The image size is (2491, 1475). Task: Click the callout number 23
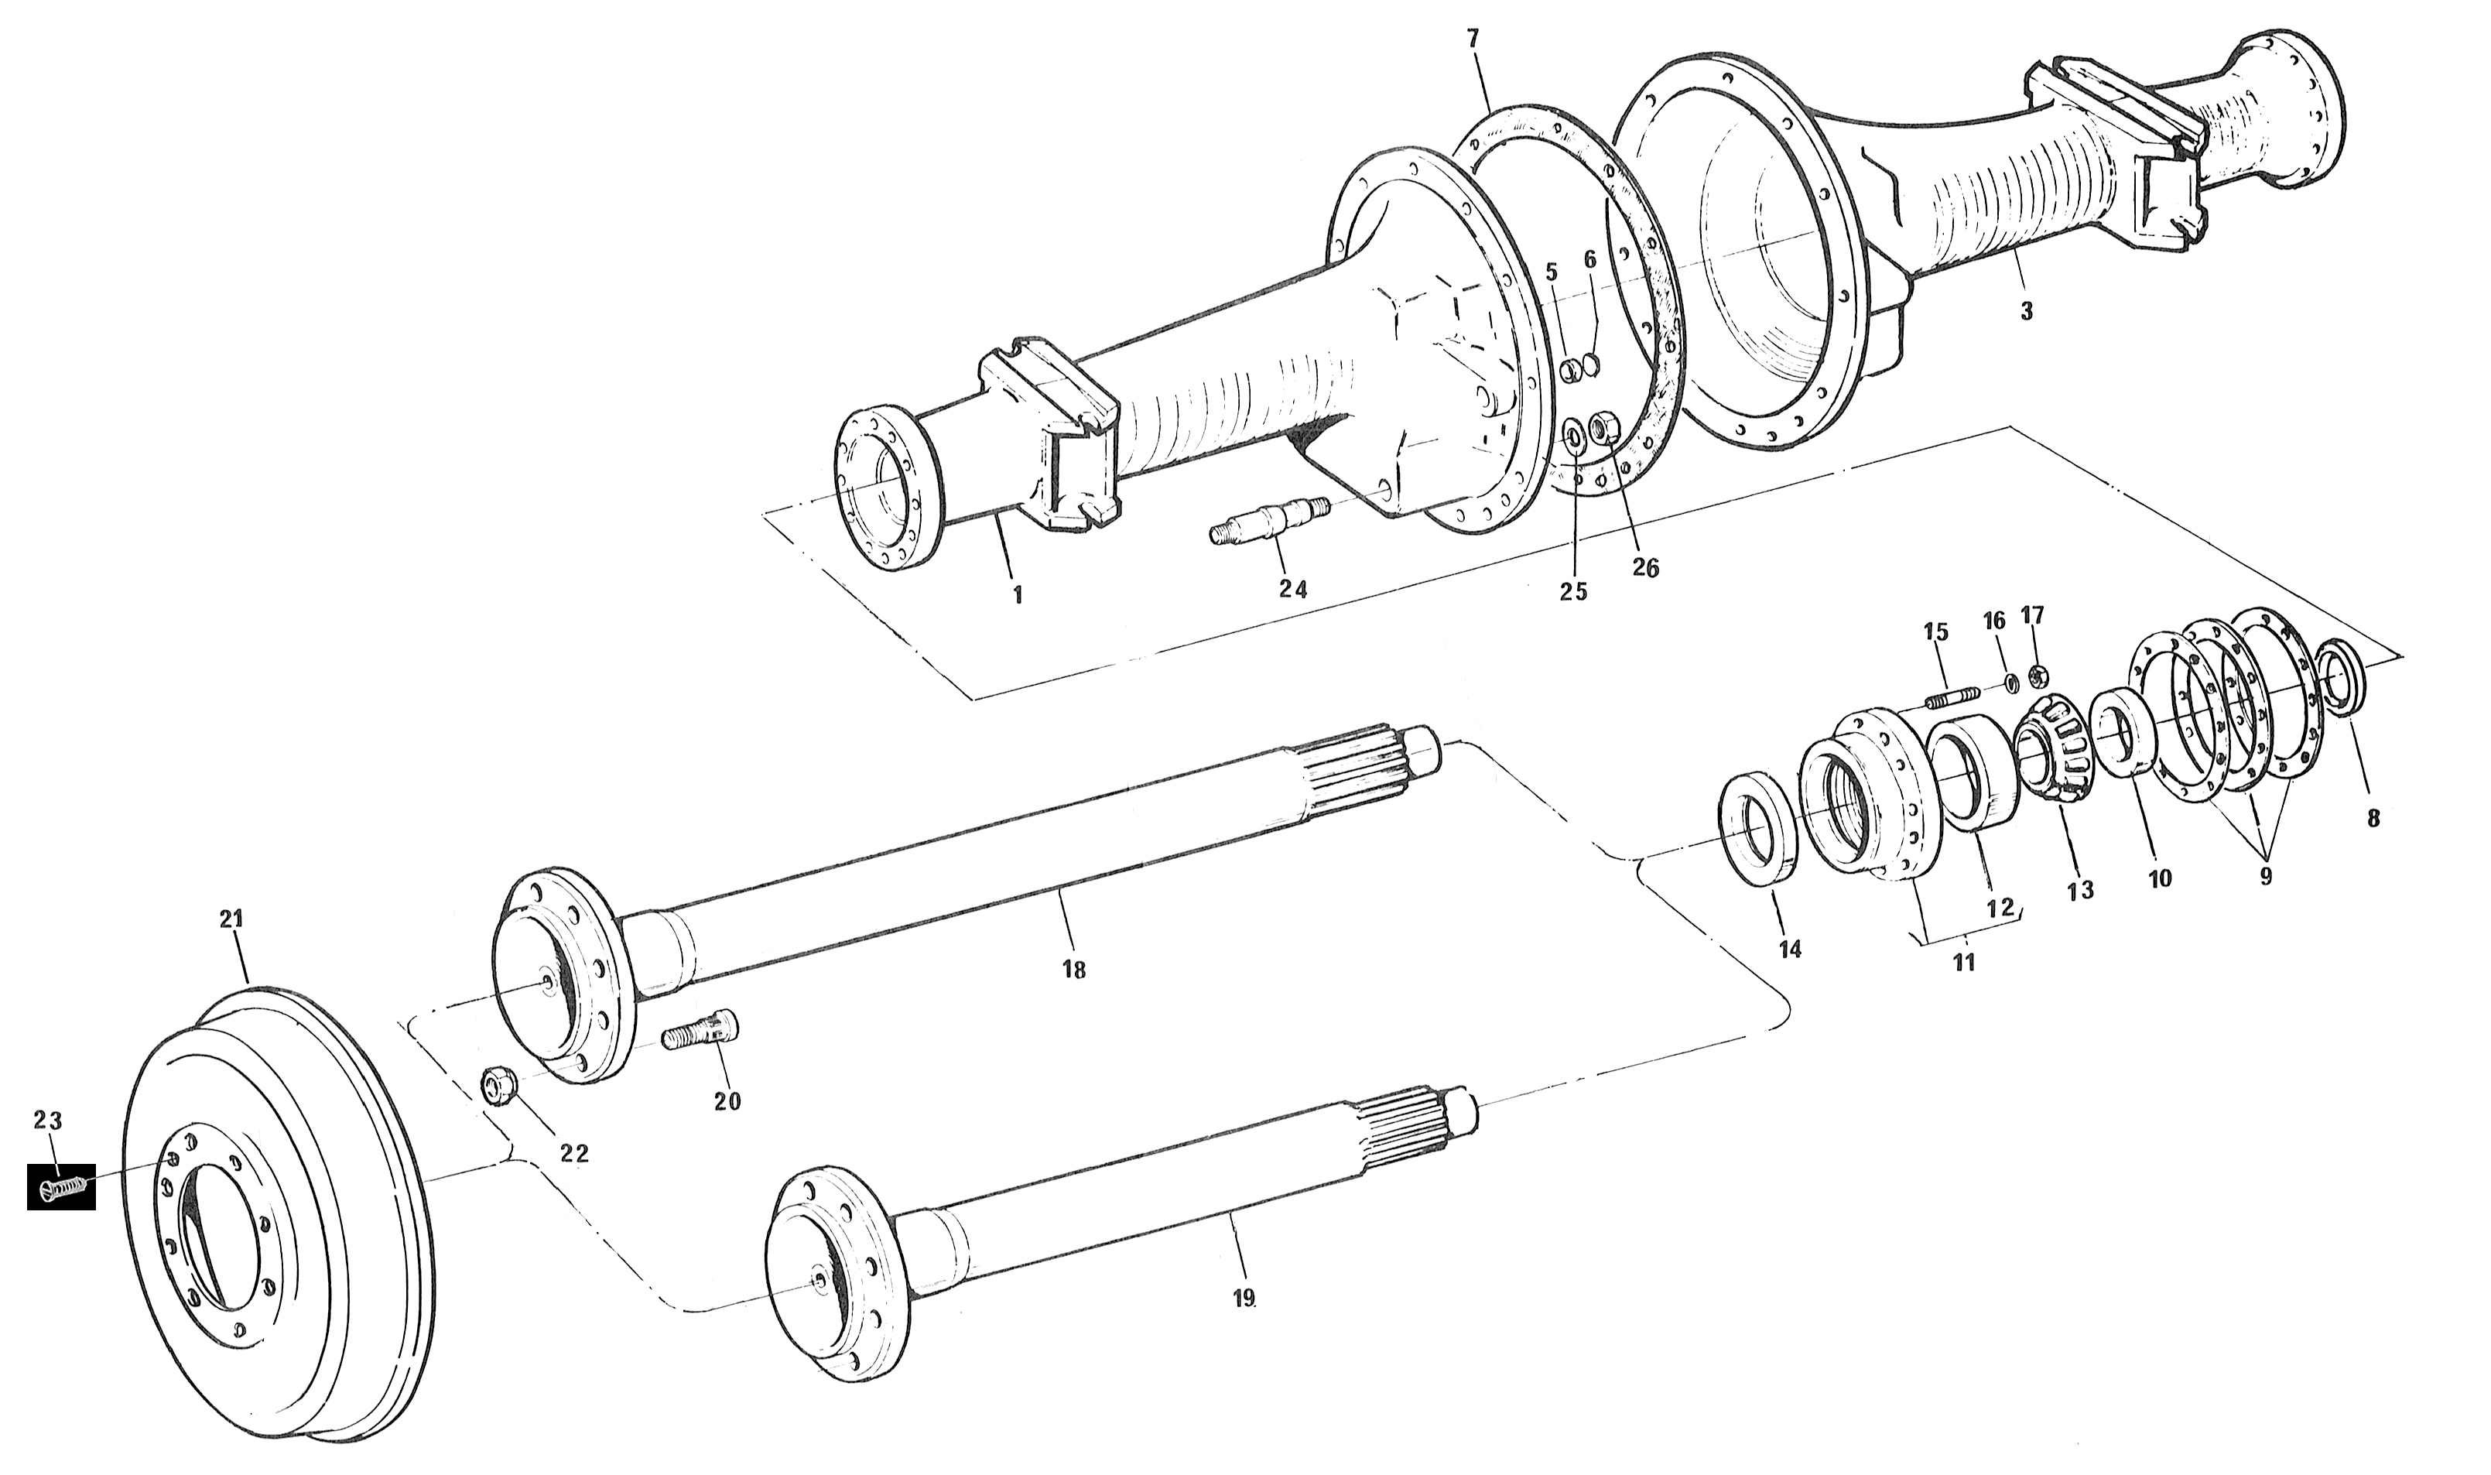(x=48, y=1121)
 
